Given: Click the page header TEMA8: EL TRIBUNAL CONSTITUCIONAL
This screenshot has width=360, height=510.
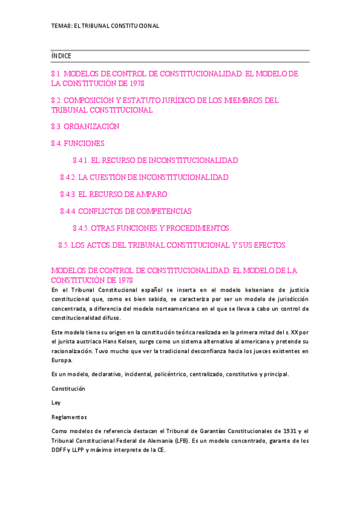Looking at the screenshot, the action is [x=105, y=26].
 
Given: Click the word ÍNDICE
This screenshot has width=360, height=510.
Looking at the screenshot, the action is [x=61, y=56].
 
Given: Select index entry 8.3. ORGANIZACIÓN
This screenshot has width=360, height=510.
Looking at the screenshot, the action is [x=85, y=126].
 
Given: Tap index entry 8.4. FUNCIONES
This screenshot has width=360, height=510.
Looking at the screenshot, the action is [x=78, y=144].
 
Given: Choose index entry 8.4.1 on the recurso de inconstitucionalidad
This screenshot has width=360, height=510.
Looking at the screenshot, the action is [x=155, y=161].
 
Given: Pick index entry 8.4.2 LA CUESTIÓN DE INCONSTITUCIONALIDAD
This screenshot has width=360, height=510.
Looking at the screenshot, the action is [x=144, y=178].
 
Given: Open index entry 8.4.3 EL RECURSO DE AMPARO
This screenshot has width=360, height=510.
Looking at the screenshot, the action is [x=114, y=195].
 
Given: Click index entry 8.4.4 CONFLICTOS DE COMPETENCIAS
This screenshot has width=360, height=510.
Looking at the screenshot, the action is [x=126, y=212].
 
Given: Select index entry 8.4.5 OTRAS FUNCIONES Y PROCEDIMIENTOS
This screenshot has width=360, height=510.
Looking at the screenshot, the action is [x=152, y=229].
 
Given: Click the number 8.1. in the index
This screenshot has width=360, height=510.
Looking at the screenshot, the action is [x=58, y=73].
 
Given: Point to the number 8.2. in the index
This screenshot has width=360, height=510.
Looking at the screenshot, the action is [x=58, y=100].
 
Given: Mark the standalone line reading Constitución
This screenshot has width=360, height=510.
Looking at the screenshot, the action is [x=69, y=389].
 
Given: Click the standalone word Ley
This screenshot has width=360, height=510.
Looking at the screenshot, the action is [x=56, y=403].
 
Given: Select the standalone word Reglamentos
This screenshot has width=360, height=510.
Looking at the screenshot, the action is [x=69, y=417].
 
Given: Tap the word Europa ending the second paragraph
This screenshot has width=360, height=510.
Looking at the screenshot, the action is [x=61, y=360].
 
